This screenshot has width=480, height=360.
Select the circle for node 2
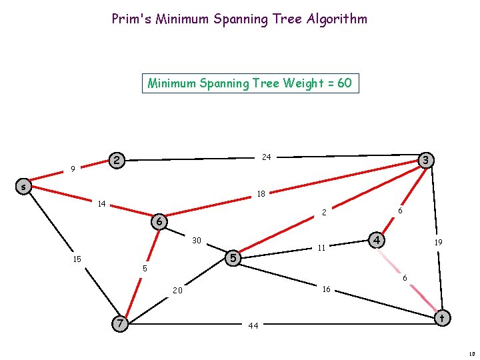coord(117,161)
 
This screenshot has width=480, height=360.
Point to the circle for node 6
coord(159,221)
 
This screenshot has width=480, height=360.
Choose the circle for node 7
coord(119,323)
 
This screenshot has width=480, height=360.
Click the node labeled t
coord(441,319)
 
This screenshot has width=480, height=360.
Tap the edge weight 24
coord(267,157)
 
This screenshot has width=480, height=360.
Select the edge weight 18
coord(261,194)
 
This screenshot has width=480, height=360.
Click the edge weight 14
coord(102,203)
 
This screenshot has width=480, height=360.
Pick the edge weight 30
coord(197,240)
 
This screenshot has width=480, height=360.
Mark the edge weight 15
coord(77,259)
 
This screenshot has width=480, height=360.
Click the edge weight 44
coord(253,326)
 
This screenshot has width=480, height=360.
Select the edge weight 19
coord(438,243)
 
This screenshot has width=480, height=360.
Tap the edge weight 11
coord(321,247)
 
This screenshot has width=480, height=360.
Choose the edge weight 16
coord(326,289)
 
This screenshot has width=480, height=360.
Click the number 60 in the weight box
coord(344,83)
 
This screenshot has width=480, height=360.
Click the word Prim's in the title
coord(131,19)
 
